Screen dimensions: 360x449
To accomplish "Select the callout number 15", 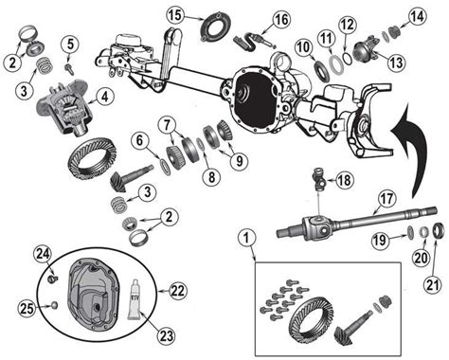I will click(173, 15).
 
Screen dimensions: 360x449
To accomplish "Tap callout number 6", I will click(138, 142).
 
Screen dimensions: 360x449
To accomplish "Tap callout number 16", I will click(281, 20).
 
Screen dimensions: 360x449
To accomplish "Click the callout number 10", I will click(301, 47).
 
